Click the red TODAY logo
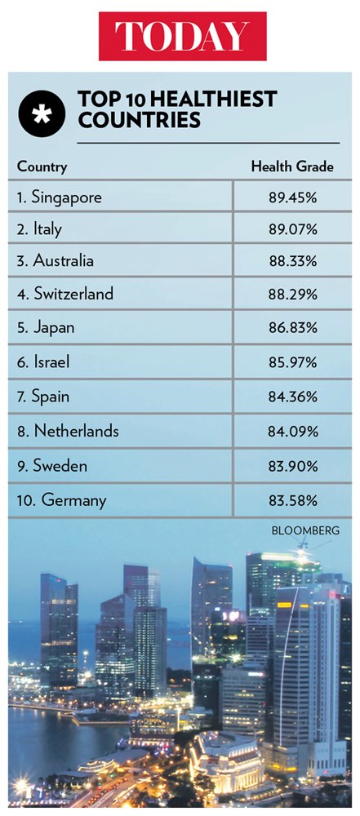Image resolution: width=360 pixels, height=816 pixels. pos(182,36)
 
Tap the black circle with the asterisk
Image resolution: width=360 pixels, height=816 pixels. pos(40,113)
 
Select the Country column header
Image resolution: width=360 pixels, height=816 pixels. pos(42,167)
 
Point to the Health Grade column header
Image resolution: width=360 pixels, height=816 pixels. pos(291,166)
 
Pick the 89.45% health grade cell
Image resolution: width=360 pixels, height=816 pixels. pos(293,197)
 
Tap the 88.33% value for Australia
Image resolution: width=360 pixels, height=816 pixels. pos(293,262)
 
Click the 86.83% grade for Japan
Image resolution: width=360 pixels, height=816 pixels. pos(293,328)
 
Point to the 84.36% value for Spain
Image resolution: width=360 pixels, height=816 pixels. pos(293,397)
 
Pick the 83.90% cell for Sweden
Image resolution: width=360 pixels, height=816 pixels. pos(293,466)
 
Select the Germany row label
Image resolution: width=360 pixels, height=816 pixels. pos(62,500)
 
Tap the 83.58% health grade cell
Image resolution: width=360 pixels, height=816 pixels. pos(293,500)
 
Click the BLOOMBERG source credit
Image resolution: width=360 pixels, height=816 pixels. pos(304,530)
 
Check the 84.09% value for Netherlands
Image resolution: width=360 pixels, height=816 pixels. pos(293,432)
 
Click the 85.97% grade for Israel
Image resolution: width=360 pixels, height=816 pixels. pos(293,362)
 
